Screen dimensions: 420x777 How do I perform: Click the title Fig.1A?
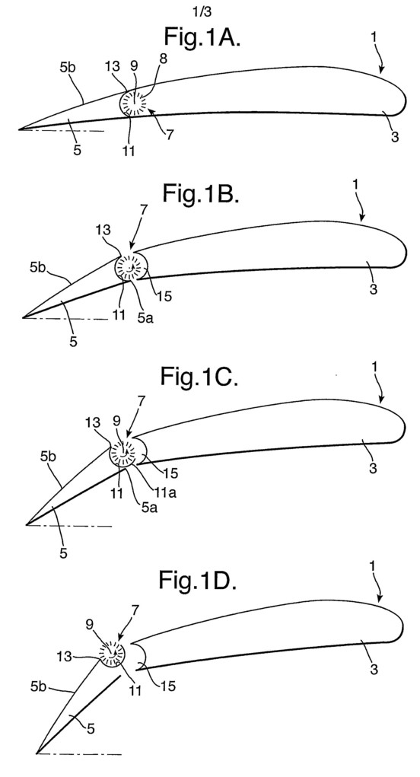pos(202,37)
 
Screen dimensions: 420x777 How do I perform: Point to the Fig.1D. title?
pos(198,579)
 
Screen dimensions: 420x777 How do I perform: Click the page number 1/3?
pos(202,11)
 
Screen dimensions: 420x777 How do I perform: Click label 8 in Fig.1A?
pos(163,59)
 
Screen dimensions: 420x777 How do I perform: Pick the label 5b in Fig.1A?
pos(68,68)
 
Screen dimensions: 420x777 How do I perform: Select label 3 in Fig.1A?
pos(395,137)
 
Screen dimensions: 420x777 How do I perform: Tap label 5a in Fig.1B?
pos(147,318)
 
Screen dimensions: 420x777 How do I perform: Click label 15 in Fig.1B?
pos(164,296)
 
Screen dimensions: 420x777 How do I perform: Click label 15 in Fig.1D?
pos(168,686)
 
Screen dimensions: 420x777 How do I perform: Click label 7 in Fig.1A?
pos(170,134)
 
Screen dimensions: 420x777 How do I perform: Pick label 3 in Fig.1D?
pos(374,670)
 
